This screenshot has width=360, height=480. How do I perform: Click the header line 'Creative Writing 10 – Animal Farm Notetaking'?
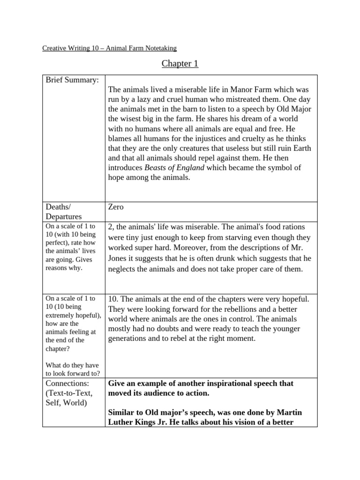click(109, 48)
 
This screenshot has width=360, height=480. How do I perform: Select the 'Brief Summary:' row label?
click(72, 80)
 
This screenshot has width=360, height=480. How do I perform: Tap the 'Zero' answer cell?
click(116, 207)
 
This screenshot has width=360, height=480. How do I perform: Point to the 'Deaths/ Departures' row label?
click(63, 211)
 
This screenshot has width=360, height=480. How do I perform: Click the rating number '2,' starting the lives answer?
click(112, 227)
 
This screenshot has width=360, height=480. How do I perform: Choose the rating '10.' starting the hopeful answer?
click(114, 299)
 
